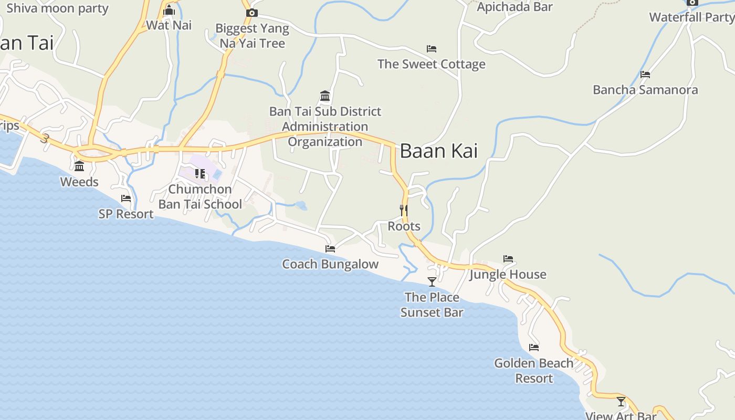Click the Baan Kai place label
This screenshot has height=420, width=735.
pyautogui.click(x=438, y=151)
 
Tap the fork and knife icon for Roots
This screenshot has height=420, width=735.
pyautogui.click(x=404, y=211)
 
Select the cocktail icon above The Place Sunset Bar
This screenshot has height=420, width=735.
pyautogui.click(x=432, y=282)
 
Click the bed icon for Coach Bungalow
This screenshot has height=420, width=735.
pyautogui.click(x=330, y=249)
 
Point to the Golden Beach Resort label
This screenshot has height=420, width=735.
pyautogui.click(x=534, y=371)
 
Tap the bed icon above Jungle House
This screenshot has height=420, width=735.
pyautogui.click(x=508, y=259)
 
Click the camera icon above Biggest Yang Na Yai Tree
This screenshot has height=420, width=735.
pyautogui.click(x=252, y=13)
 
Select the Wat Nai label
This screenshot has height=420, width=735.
pyautogui.click(x=169, y=25)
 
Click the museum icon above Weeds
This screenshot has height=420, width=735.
pyautogui.click(x=79, y=166)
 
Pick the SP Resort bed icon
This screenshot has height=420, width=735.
pyautogui.click(x=126, y=198)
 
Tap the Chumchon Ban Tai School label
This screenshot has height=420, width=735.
pyautogui.click(x=200, y=197)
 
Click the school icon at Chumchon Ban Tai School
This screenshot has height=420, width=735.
pyautogui.click(x=200, y=173)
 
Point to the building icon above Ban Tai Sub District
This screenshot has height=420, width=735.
pyautogui.click(x=325, y=96)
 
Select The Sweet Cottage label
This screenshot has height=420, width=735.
pyautogui.click(x=431, y=64)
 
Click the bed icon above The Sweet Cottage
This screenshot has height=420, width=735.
pyautogui.click(x=432, y=49)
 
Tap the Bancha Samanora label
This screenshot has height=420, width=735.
pyautogui.click(x=645, y=90)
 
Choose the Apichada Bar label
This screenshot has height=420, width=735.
pyautogui.click(x=514, y=7)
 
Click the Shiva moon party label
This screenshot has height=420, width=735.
pyautogui.click(x=57, y=8)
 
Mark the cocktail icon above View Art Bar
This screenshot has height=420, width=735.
pyautogui.click(x=621, y=402)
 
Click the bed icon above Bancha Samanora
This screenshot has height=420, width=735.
pyautogui.click(x=645, y=75)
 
